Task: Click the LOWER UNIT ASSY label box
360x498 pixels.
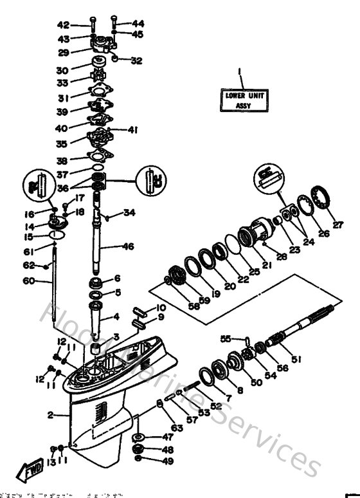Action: [235, 100]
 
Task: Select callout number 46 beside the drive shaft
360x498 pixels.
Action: [129, 246]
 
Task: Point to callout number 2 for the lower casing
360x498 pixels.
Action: [50, 415]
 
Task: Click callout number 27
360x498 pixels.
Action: [338, 225]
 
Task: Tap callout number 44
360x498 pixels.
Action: [138, 24]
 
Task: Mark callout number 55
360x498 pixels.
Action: [225, 338]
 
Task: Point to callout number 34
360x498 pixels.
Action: [130, 212]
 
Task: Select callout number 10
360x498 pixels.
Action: [161, 308]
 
